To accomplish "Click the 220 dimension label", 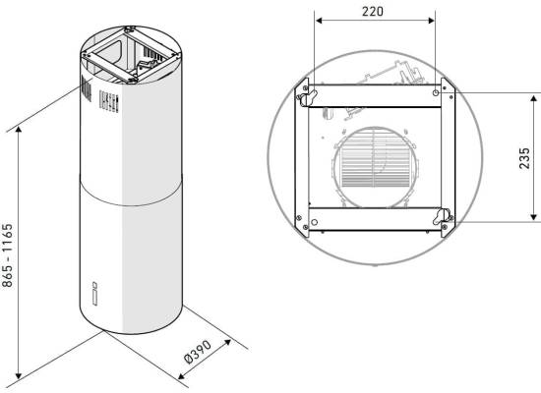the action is point(372,12).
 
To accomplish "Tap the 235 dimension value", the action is point(524,158).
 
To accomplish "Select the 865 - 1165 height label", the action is point(7,255).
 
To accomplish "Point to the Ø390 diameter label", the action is point(198,352).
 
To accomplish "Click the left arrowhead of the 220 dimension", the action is point(319,21).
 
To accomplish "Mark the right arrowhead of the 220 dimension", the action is point(431,21).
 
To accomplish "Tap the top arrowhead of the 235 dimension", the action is point(534,99).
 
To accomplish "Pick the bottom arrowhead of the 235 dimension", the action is point(534,217).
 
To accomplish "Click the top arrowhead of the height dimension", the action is point(19,130).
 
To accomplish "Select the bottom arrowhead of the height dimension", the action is point(19,375).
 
